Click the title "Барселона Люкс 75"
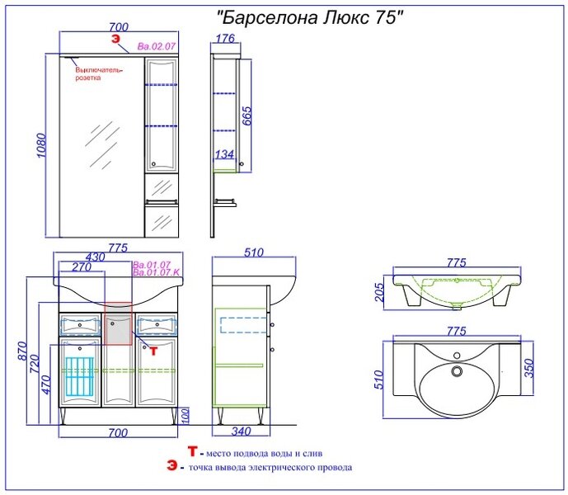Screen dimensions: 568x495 tap(310, 17)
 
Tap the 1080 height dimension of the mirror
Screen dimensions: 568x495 tap(42, 145)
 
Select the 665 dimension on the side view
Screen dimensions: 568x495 tap(246, 116)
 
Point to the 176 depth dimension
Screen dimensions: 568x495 tap(226, 38)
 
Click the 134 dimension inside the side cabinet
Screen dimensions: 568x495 tap(224, 154)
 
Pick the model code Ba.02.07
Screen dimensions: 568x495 tap(157, 46)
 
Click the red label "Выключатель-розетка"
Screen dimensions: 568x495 tap(99, 74)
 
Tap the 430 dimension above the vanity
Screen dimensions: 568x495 tap(95, 257)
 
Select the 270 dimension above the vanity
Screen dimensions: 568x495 tap(82, 267)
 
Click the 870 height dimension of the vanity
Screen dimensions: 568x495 tap(22, 351)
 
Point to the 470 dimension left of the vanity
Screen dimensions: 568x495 tap(46, 384)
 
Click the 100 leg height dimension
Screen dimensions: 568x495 tap(185, 417)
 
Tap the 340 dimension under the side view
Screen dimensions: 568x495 tap(241, 431)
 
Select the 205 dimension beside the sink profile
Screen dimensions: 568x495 tap(378, 292)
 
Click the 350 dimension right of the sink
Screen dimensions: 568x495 tap(529, 368)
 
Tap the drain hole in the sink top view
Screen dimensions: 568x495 tap(457, 371)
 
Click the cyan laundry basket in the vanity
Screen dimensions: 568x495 tap(79, 376)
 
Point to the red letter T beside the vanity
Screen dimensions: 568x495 tap(153, 351)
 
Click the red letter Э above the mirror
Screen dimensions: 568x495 tap(115, 39)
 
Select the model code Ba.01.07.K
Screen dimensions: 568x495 tap(157, 272)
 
